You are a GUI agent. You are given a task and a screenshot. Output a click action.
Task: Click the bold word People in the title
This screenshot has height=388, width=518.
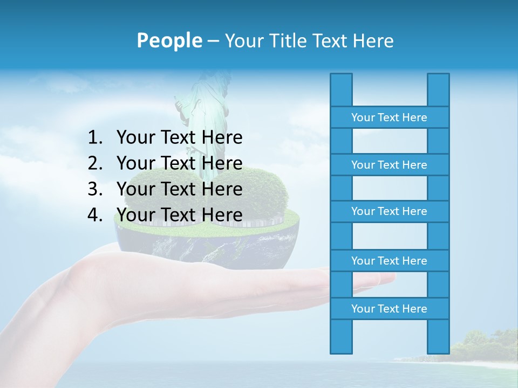click(x=169, y=40)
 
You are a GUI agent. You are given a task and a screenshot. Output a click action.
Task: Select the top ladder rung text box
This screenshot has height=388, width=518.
click(x=389, y=117)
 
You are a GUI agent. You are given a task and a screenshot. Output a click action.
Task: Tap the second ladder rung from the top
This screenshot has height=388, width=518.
click(x=389, y=165)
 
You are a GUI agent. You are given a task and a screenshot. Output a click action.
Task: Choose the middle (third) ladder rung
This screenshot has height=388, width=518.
click(x=389, y=211)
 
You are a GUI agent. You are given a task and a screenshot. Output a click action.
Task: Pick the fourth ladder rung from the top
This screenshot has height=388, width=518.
click(x=389, y=261)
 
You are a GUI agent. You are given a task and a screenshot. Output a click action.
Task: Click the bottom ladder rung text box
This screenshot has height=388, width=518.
click(x=389, y=309)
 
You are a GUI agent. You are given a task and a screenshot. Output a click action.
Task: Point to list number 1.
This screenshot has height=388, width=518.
click(x=94, y=138)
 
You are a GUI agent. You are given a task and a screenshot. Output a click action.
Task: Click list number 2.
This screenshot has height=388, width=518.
click(x=94, y=163)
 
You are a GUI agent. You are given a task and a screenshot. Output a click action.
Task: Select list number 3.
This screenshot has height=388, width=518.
click(x=94, y=189)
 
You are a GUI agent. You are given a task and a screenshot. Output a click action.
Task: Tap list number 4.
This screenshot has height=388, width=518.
click(x=94, y=215)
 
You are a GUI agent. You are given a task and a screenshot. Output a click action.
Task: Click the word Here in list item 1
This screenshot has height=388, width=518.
click(x=222, y=138)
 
